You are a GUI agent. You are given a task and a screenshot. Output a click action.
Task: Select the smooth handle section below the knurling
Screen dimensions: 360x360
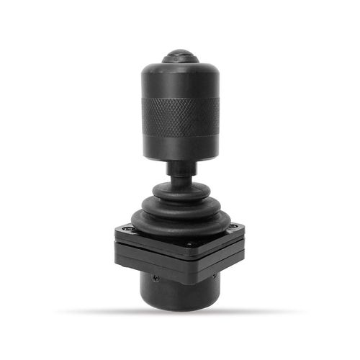pos(180,147)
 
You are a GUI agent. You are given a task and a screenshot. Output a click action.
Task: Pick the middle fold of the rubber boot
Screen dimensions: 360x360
pos(180,204)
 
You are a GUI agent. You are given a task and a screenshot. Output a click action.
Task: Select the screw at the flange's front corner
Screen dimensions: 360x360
pos(189,243)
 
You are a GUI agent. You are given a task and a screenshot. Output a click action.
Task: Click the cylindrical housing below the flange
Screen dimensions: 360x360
pos(180,288)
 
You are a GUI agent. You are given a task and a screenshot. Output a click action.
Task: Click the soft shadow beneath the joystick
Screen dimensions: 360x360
pos(180,312)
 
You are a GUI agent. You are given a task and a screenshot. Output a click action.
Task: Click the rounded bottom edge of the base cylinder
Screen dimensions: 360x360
pos(180,305)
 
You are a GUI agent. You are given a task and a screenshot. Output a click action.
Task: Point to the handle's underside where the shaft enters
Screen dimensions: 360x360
pos(180,159)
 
